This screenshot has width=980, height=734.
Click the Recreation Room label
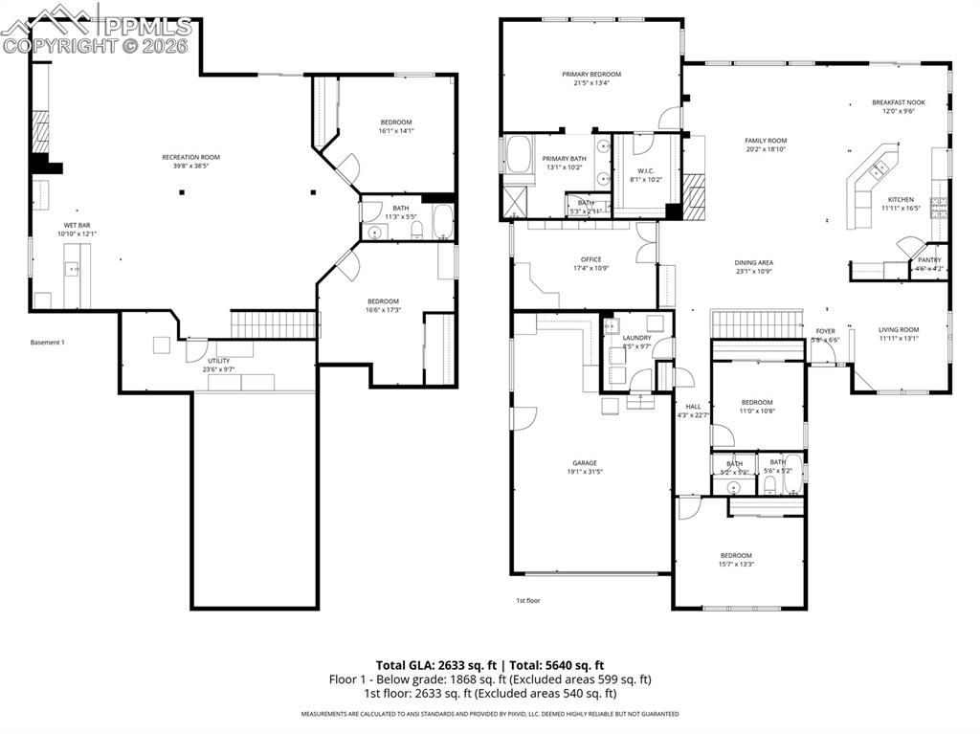pos(190,157)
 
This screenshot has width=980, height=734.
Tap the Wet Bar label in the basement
pos(77,226)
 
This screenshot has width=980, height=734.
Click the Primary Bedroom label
pos(590,75)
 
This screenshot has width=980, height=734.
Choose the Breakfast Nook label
pos(898,102)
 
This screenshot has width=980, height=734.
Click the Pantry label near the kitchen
pos(928,260)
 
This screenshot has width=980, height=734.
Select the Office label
pos(590,259)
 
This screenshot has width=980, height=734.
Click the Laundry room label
pos(636,338)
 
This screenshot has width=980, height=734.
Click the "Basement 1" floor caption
pos(47,342)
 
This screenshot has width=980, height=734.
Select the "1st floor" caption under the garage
pos(528,601)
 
